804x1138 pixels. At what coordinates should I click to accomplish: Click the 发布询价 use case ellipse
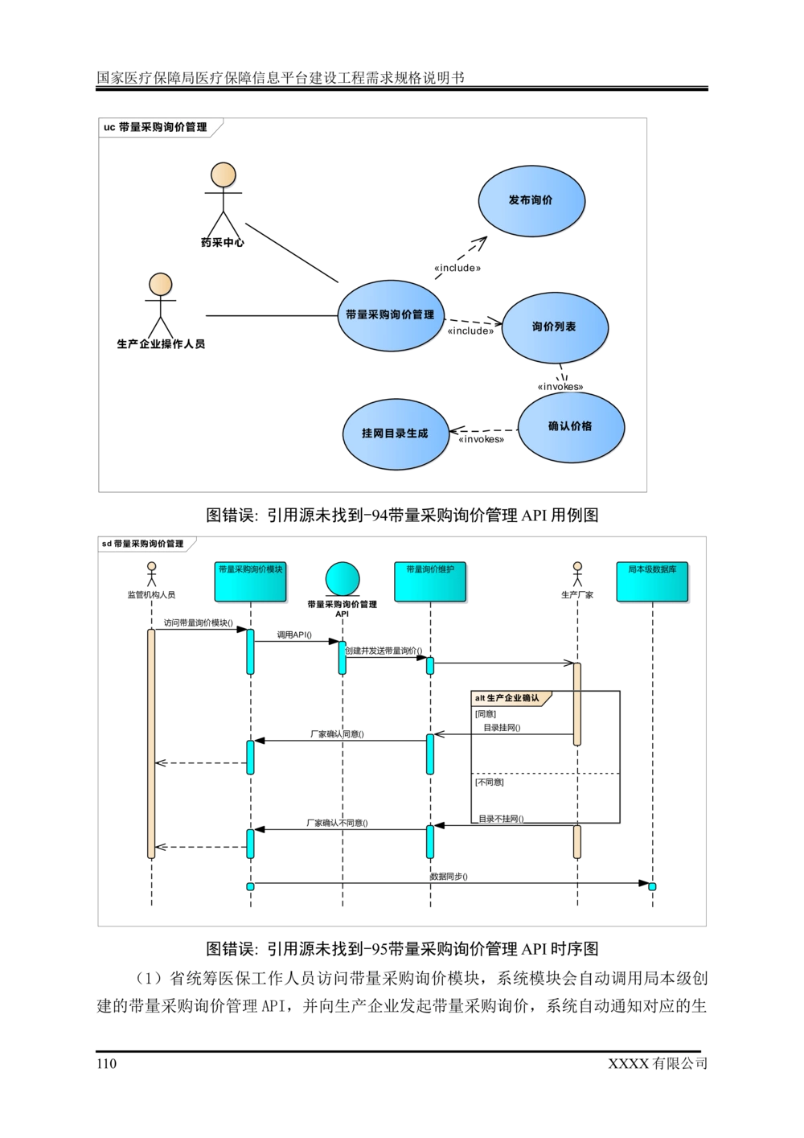(x=531, y=200)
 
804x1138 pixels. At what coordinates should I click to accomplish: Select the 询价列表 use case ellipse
(x=555, y=327)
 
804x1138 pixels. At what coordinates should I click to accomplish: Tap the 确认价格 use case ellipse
(x=571, y=427)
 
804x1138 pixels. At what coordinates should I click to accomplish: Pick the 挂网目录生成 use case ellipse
(x=396, y=434)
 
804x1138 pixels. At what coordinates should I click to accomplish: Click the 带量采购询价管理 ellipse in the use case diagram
(x=391, y=315)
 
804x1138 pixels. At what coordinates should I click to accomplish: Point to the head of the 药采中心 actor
(x=223, y=175)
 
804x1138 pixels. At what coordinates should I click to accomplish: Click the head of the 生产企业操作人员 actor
(x=161, y=285)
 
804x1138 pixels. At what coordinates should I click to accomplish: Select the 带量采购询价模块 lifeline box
(x=250, y=581)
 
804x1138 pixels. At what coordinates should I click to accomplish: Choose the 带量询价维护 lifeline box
(x=430, y=581)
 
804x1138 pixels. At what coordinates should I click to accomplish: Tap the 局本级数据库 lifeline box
(x=652, y=581)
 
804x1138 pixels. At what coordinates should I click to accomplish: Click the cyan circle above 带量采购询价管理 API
(x=343, y=579)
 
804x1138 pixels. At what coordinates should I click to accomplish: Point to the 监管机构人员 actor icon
(x=151, y=574)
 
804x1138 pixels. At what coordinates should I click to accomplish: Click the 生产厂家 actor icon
(x=577, y=574)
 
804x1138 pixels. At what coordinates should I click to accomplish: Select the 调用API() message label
(x=294, y=635)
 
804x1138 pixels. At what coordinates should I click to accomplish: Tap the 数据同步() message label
(x=449, y=877)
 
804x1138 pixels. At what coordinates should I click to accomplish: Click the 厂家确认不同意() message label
(x=337, y=823)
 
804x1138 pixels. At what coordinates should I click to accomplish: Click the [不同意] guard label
(x=489, y=783)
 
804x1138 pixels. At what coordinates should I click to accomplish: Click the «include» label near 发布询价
(x=457, y=269)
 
